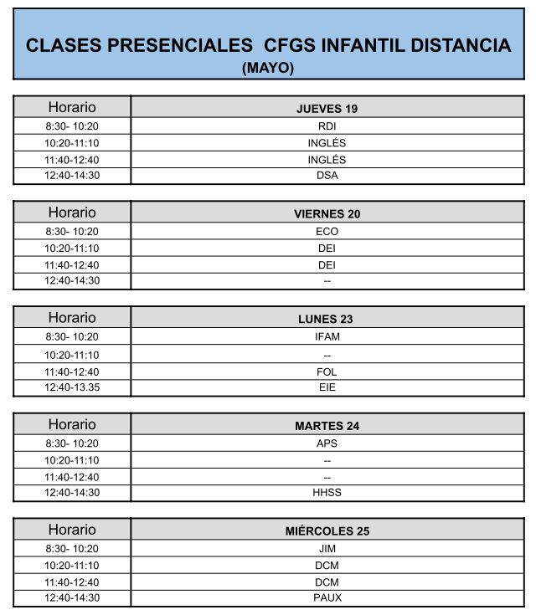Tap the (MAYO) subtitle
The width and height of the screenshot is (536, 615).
268,69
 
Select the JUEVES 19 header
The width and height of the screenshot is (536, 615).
327,109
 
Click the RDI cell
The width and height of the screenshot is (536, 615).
327,126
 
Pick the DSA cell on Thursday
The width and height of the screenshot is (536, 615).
327,176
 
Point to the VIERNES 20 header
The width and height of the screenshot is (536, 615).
327,214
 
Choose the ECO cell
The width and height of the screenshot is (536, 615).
327,232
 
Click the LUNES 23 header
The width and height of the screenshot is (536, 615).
327,320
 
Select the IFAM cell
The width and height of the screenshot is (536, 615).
327,337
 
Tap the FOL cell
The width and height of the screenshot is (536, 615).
327,372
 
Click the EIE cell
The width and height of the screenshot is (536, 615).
327,387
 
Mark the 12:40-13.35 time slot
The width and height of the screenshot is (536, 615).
72,387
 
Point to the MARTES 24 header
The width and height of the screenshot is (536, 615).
327,426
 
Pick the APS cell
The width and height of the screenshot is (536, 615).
327,443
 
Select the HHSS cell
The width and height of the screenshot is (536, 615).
327,493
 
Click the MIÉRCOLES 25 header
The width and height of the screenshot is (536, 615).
327,531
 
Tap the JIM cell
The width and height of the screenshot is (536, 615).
327,549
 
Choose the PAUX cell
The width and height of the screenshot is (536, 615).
327,597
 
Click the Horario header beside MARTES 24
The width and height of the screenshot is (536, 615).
72,424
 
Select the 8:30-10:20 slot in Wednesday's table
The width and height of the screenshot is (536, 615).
72,549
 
